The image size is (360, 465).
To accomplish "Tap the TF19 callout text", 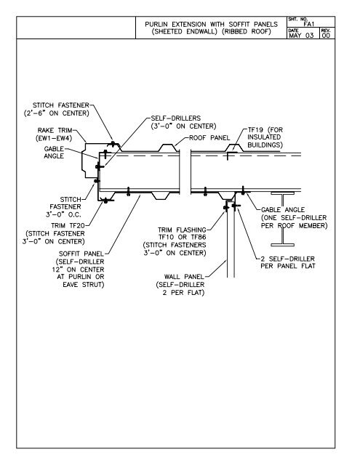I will click(x=255, y=127).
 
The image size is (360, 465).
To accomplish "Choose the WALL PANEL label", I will click(x=185, y=277).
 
